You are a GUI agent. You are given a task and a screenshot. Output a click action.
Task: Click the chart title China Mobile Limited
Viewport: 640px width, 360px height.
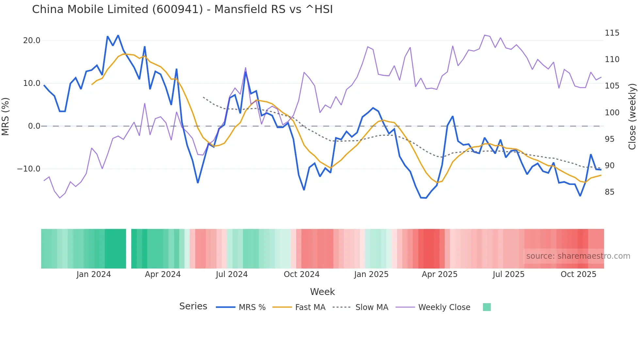tap(182, 9)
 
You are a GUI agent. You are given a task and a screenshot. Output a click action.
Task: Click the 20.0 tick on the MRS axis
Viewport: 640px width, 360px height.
tap(32, 41)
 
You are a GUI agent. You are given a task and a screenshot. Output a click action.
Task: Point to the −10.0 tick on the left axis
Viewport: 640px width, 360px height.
tap(29, 169)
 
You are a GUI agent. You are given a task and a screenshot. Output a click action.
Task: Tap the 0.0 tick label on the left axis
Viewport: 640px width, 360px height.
tap(34, 126)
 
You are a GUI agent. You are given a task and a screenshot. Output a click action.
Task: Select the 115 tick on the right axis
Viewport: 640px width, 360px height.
tap(612, 33)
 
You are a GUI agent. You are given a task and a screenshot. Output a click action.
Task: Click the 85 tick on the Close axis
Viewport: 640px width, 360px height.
tap(609, 192)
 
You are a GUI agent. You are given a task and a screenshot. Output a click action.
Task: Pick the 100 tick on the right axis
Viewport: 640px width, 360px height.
tap(612, 113)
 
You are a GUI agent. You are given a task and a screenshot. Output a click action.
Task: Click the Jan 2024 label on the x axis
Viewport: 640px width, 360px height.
tap(94, 274)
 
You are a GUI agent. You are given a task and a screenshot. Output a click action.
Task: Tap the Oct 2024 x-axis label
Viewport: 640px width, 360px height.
tap(301, 274)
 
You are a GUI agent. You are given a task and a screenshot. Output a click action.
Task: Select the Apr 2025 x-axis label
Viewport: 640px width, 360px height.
tap(440, 274)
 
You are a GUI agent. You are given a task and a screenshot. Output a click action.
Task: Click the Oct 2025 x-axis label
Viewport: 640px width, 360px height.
tap(578, 274)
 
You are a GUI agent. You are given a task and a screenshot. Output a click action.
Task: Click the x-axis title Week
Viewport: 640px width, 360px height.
tap(322, 292)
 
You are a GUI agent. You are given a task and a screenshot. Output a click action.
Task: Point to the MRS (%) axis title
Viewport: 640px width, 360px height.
tap(6, 117)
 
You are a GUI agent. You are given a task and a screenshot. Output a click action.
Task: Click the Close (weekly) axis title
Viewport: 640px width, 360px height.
tap(632, 117)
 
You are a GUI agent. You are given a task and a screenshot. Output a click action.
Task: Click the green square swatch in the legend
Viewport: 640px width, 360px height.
tap(487, 307)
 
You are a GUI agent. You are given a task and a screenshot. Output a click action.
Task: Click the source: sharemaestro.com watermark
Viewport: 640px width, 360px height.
tap(578, 256)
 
